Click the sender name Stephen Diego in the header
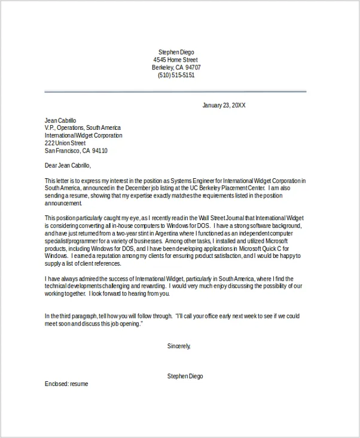tap(176, 52)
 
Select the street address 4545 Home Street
tap(175, 60)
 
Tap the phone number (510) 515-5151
tap(176, 75)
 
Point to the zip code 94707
tap(192, 68)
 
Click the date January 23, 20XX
tap(224, 105)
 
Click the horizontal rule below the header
tap(175, 92)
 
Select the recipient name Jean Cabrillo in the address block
tap(60, 120)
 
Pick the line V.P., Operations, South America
tap(83, 128)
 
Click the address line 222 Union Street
tap(65, 144)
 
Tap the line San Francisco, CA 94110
tap(76, 151)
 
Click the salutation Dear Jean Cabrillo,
tap(68, 166)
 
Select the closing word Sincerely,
tap(179, 346)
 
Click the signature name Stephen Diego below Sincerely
tap(185, 376)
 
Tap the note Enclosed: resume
tap(66, 384)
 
